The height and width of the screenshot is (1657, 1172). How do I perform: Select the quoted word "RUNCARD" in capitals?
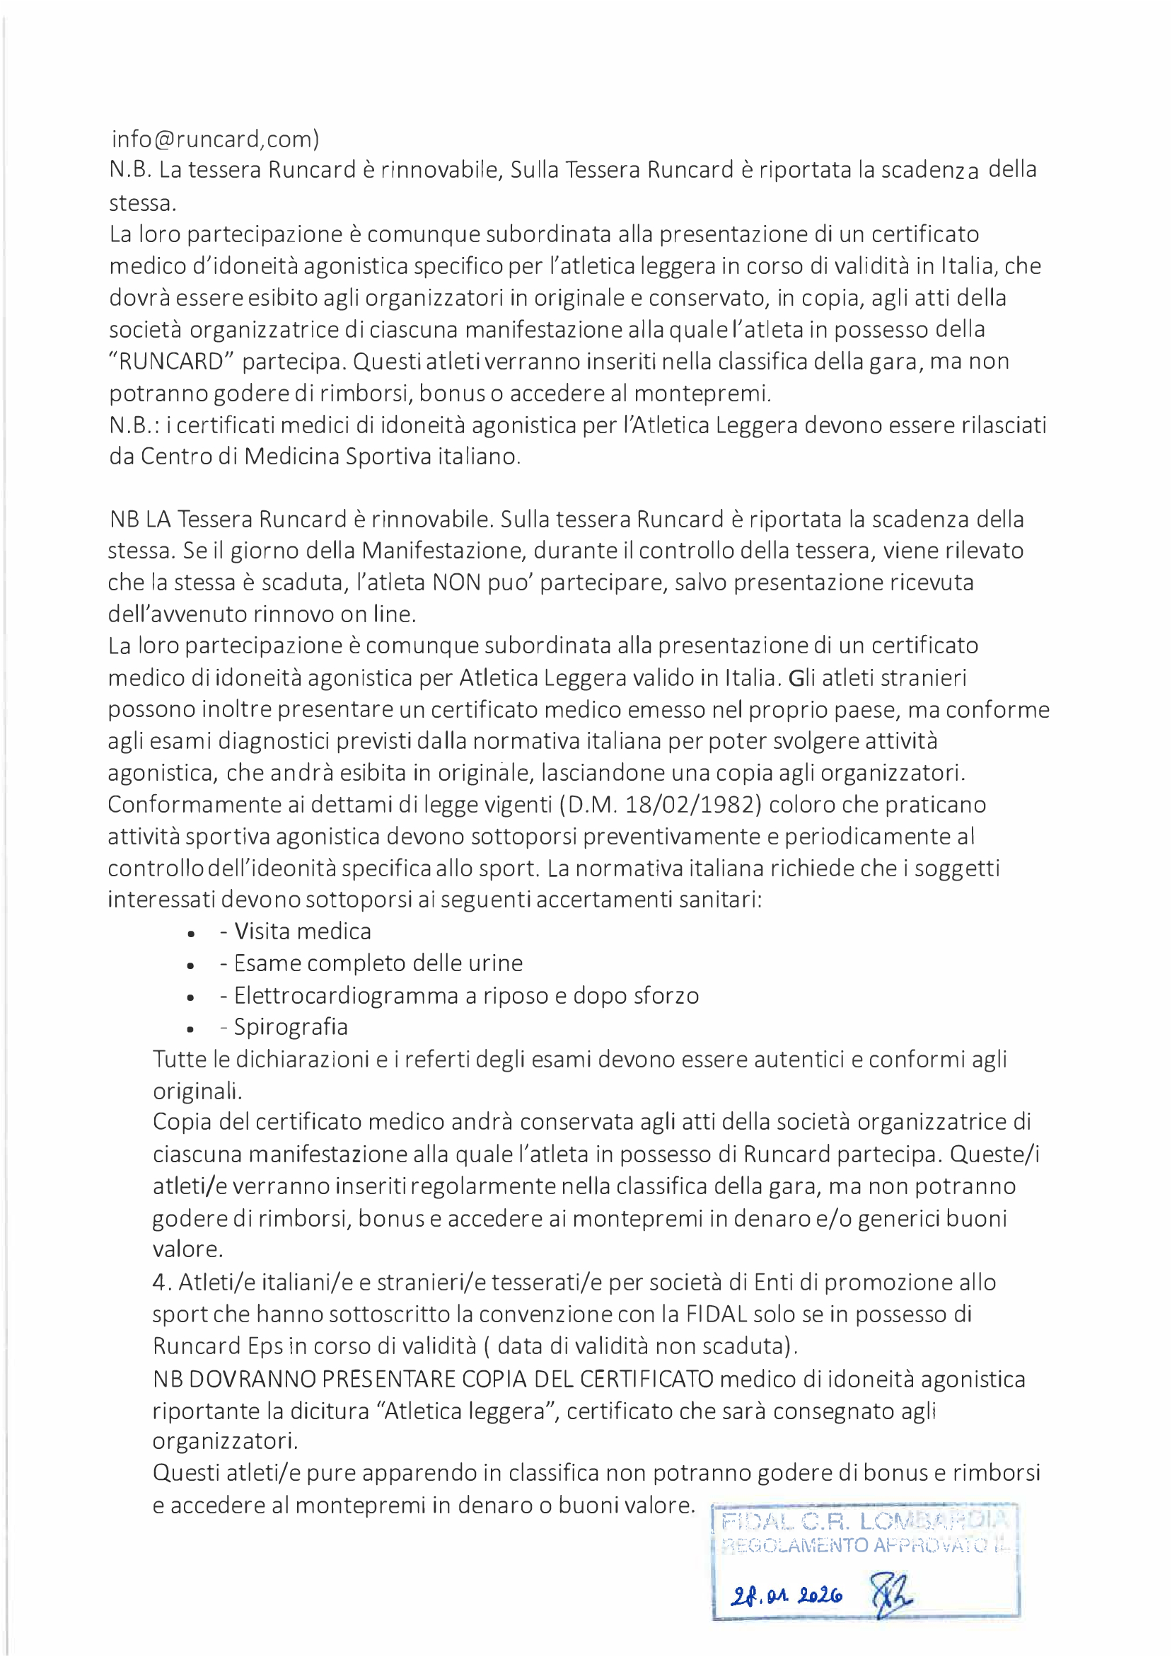pos(167,361)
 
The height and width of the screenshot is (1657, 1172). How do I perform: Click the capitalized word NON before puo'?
pos(456,582)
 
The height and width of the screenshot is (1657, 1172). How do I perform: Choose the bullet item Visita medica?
pos(303,931)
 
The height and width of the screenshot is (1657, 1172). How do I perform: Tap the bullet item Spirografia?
pos(290,1027)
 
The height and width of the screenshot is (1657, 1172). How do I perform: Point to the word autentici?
pos(799,1059)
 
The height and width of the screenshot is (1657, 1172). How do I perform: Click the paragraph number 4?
pos(159,1283)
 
